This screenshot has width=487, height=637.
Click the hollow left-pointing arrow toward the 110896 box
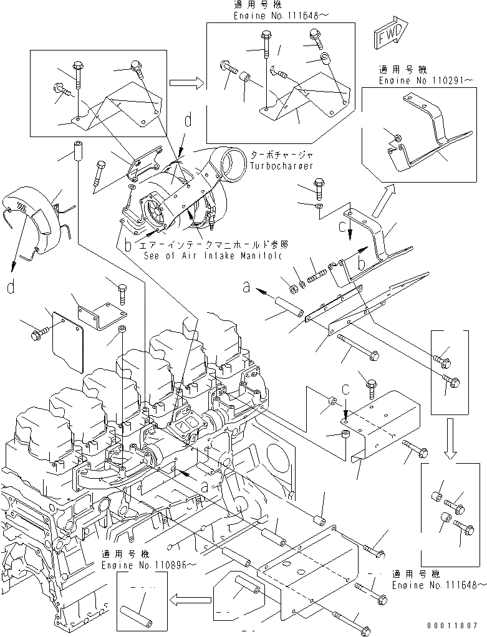click(x=191, y=600)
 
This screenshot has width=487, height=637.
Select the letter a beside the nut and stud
click(x=246, y=287)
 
